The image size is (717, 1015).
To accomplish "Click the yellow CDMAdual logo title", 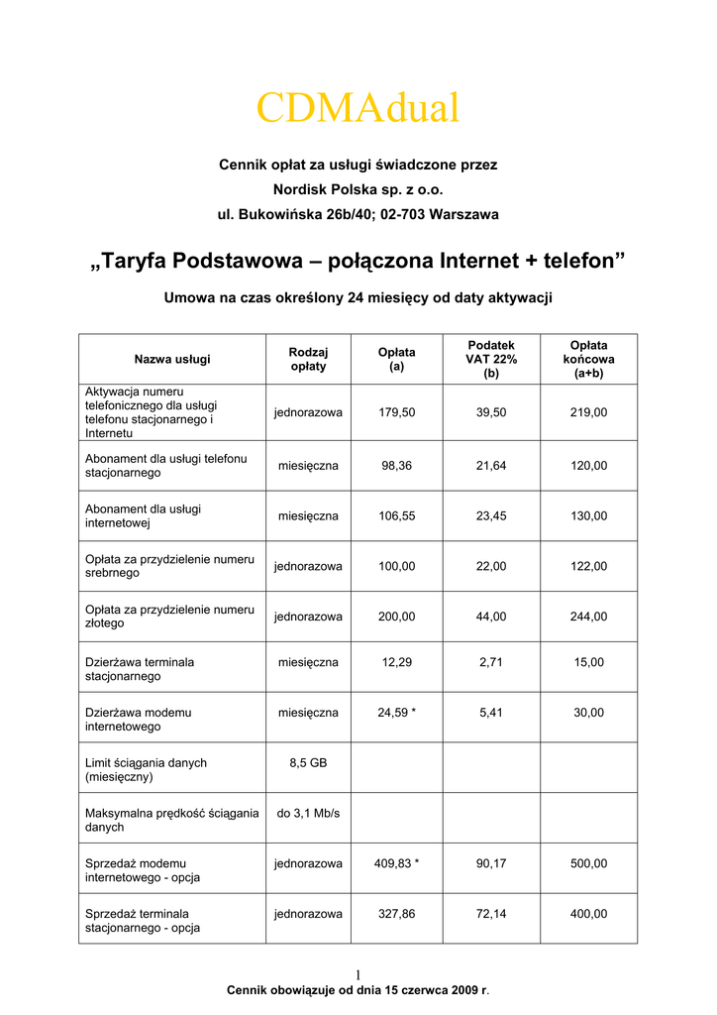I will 358,108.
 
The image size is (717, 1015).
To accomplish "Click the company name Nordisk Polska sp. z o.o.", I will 358,188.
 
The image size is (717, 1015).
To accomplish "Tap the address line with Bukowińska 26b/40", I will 358,213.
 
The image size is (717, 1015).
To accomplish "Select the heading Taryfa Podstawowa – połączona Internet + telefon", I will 358,261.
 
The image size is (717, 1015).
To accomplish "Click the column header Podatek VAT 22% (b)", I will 491,359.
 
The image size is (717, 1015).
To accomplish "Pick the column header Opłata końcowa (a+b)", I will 588,359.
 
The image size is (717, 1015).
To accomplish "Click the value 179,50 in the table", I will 396,412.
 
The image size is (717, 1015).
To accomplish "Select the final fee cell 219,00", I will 588,412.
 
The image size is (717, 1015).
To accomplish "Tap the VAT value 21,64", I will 491,465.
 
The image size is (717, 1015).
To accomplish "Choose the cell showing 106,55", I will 396,515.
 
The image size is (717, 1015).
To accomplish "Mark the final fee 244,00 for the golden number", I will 588,617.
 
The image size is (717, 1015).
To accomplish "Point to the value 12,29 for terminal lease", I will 396,662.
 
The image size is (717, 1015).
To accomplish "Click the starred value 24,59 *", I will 396,712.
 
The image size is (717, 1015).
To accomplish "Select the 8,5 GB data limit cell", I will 308,763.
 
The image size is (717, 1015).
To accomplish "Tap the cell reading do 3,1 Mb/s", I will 308,814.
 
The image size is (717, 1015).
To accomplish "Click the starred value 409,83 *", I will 396,863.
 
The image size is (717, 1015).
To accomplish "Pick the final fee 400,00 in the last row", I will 588,914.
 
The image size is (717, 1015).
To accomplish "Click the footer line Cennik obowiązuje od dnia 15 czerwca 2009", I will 358,990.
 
